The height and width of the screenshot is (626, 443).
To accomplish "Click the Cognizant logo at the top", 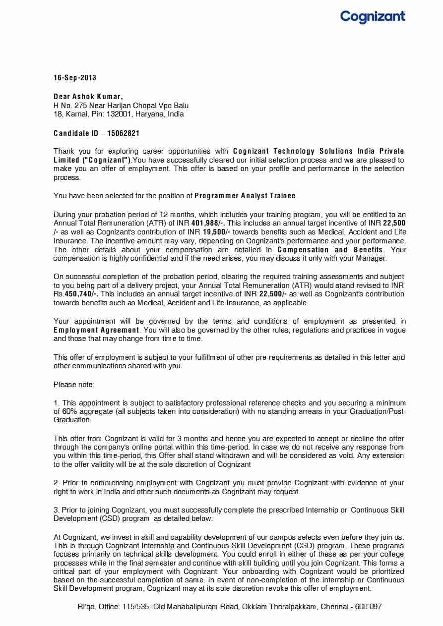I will [x=373, y=17].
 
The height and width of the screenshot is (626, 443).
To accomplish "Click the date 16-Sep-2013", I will [x=75, y=78].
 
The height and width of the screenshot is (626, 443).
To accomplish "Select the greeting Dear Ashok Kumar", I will [x=88, y=96].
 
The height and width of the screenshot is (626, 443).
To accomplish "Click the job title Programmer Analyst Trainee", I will [x=245, y=196].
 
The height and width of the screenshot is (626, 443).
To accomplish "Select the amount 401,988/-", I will [x=208, y=223].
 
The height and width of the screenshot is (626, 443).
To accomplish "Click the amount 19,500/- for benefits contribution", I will [x=216, y=232].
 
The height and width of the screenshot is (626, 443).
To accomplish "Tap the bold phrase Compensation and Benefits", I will [x=330, y=250].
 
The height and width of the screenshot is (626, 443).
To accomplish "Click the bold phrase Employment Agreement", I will [x=96, y=330].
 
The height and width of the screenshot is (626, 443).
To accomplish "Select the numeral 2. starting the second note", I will [x=57, y=482].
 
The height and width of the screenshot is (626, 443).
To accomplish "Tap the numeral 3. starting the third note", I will [x=57, y=510].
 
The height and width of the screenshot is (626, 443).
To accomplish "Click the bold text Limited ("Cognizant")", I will [x=92, y=160].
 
